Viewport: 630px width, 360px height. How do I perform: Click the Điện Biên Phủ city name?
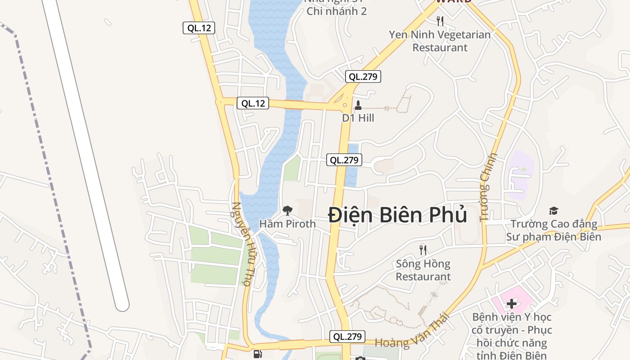pos(397,215)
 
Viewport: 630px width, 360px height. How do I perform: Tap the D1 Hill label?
pos(358,118)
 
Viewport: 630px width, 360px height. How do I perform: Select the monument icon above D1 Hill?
pos(358,105)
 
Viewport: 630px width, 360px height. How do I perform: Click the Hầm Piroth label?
pos(288,224)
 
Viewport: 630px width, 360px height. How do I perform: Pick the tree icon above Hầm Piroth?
pos(287,210)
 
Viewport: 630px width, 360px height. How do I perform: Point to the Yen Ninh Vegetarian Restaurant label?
pos(440,41)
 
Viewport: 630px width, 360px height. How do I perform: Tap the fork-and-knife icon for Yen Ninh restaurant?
pos(440,21)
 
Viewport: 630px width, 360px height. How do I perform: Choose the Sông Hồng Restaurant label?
pos(423,270)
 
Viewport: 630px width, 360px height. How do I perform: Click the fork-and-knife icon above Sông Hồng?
pos(423,249)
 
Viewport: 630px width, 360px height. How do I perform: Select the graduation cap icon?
pos(553,210)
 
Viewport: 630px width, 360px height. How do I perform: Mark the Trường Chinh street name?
pos(489,187)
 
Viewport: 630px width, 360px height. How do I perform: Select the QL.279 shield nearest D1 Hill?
pos(363,76)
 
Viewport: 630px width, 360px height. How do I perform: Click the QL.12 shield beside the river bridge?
pos(253,103)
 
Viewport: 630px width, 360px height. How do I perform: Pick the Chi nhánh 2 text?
pos(337,11)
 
